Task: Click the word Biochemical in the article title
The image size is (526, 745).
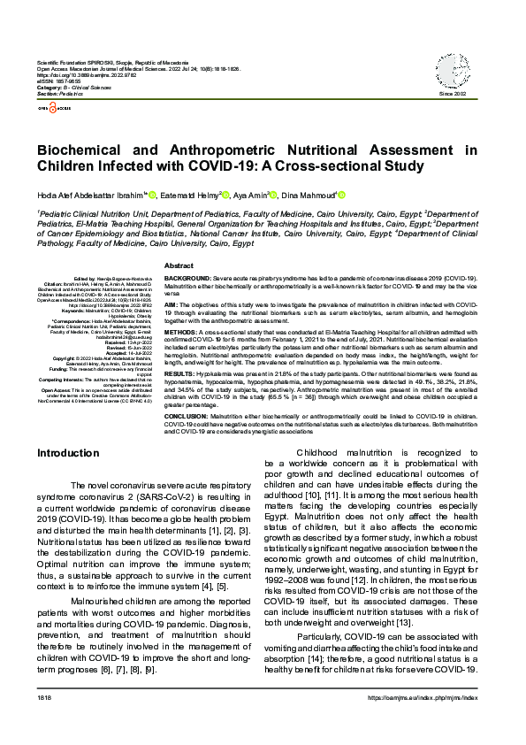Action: click(x=88, y=150)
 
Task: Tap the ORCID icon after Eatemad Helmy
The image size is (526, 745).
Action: click(x=226, y=195)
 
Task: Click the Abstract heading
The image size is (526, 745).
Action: click(x=179, y=265)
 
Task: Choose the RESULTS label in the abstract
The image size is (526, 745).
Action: click(x=179, y=374)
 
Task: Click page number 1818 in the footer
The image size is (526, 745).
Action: click(x=44, y=724)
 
